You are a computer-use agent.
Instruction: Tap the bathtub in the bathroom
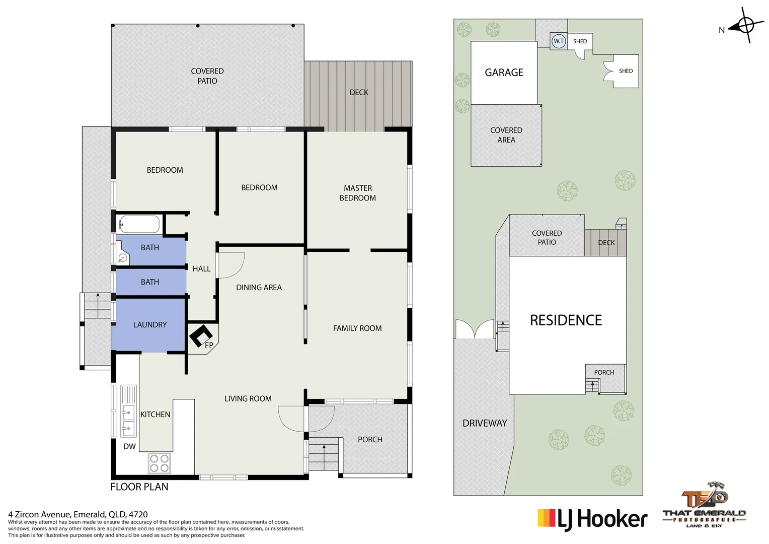[x=139, y=224]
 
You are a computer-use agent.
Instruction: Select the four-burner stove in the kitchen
[x=159, y=463]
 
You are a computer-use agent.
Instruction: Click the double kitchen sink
[x=128, y=421]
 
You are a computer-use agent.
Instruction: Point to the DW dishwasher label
[x=129, y=446]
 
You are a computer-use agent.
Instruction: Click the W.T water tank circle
[x=559, y=41]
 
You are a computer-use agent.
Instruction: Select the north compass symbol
[x=746, y=25]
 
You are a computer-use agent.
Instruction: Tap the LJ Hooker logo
[x=592, y=519]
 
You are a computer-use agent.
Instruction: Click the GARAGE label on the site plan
[x=504, y=73]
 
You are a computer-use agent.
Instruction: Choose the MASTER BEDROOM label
[x=357, y=193]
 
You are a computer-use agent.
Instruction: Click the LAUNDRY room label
[x=150, y=325]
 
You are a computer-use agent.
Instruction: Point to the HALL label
[x=201, y=269]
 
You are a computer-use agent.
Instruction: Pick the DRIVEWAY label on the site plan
[x=485, y=423]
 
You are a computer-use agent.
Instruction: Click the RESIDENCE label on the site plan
[x=566, y=320]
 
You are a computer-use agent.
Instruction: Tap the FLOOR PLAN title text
[x=139, y=487]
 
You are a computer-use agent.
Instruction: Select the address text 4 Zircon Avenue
[x=78, y=514]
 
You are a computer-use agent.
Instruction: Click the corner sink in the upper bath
[x=122, y=258]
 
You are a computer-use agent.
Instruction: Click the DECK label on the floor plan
[x=359, y=92]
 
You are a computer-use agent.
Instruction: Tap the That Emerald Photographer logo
[x=704, y=506]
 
